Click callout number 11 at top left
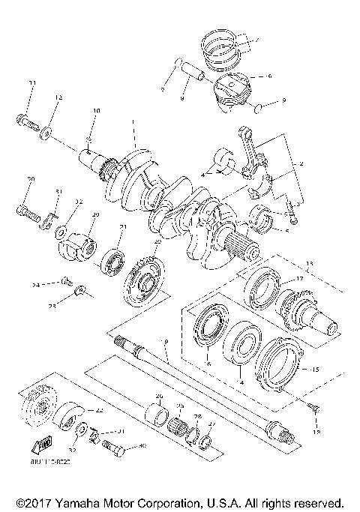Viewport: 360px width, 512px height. (31, 82)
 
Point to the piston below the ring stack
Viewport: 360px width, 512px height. (233, 89)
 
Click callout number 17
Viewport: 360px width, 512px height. (299, 279)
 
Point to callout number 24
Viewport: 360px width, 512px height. (34, 285)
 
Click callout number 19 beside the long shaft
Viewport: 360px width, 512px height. (165, 341)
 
